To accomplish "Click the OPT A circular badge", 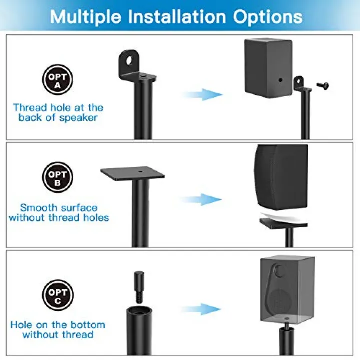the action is [x=58, y=79].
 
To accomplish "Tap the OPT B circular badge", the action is [x=58, y=177].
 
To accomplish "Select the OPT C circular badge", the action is [x=58, y=295].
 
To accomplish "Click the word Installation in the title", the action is [x=177, y=17].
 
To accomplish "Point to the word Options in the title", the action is [x=268, y=17].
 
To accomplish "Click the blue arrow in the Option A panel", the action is [x=202, y=94].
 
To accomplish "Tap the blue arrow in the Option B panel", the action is [x=201, y=199].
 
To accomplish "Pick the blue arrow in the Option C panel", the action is [x=201, y=309].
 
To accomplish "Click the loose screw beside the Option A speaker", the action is [x=323, y=86].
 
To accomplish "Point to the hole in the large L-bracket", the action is [x=129, y=61].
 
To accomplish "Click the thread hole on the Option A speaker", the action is [x=280, y=80].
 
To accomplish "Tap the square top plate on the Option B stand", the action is [x=132, y=174].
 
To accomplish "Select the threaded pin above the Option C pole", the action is [x=139, y=287].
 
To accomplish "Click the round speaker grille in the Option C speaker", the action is [x=280, y=301].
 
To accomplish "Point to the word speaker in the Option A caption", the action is [x=79, y=118].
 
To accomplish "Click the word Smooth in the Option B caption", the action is [x=39, y=208].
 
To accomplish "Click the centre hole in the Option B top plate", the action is [x=140, y=171].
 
